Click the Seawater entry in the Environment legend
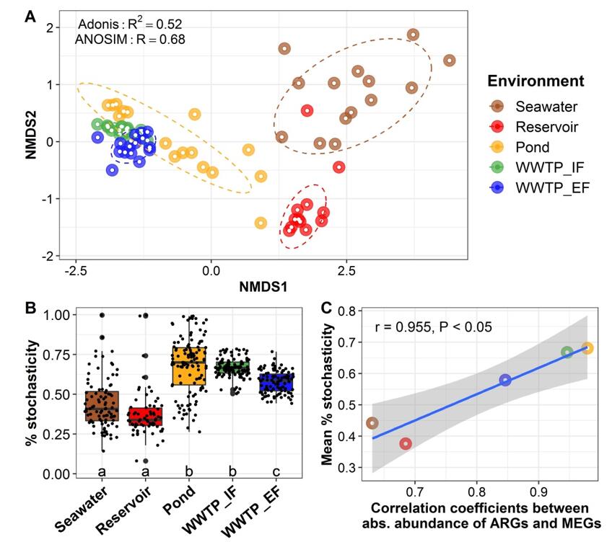pos(546,107)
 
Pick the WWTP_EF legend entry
pos(551,187)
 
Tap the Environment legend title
pos(535,81)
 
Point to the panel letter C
pos(326,308)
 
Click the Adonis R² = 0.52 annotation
pos(129,24)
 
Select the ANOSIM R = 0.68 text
pos(130,39)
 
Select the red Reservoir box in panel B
pos(145,417)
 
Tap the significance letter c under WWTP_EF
pos(273,471)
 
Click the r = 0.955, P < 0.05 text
pos(433,328)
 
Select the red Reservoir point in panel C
pos(406,444)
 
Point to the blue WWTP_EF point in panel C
pos(505,380)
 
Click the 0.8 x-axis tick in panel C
pos(476,492)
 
